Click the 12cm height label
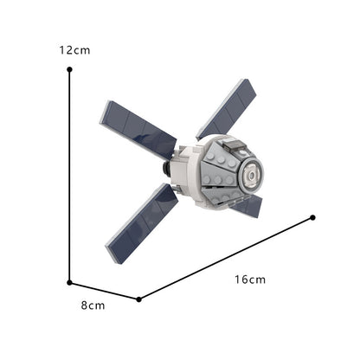tap(74, 50)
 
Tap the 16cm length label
tap(249, 280)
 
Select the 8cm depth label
tap(93, 305)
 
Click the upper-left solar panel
tap(138, 128)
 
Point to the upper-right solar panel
tap(227, 107)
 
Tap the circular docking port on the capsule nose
tap(251, 175)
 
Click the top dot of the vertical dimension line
tap(69, 72)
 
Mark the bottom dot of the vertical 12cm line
tap(69, 280)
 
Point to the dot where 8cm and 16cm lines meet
tap(139, 299)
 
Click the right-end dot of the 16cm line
tap(312, 217)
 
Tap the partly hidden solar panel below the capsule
tap(249, 206)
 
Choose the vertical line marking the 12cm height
tap(69, 173)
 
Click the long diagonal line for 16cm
tap(225, 259)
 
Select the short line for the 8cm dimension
tap(104, 289)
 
